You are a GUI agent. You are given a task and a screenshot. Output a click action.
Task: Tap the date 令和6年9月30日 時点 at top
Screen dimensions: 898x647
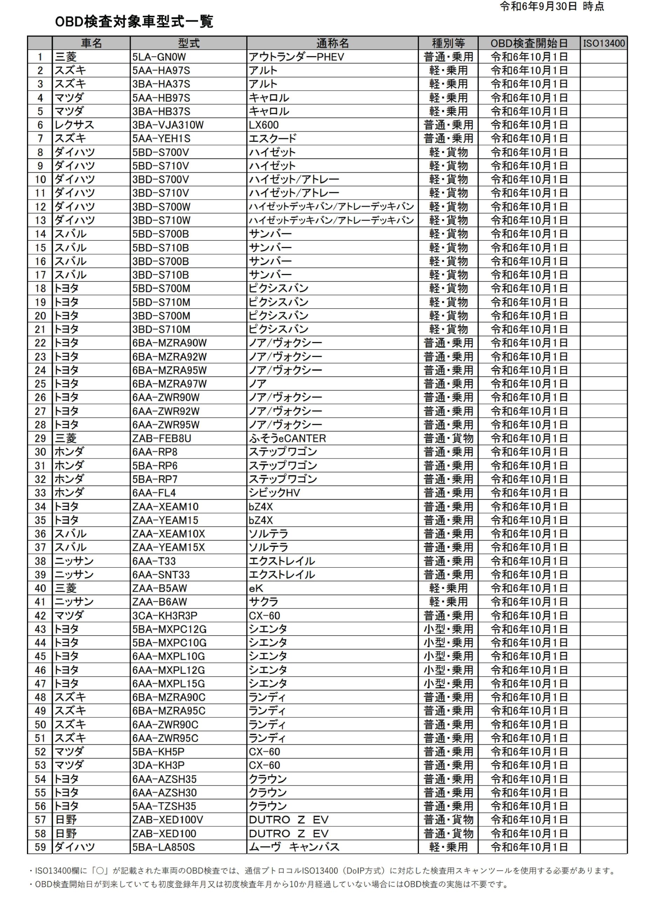(552, 7)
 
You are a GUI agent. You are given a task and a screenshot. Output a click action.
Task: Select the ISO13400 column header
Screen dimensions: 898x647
(604, 43)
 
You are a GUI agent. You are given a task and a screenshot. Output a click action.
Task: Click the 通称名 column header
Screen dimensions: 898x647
(332, 43)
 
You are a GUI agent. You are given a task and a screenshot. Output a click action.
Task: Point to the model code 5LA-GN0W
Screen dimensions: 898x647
(159, 57)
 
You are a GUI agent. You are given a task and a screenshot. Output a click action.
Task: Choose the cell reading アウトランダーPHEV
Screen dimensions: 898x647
(297, 57)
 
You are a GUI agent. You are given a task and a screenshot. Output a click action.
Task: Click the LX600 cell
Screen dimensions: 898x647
(264, 125)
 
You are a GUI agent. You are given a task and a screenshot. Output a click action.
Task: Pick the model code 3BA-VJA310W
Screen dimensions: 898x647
(168, 125)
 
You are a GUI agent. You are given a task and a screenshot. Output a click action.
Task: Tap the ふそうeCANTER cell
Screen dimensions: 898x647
(287, 438)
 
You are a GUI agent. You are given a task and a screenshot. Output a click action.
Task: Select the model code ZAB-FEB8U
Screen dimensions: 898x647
(162, 438)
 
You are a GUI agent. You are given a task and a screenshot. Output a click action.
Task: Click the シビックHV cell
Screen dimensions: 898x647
(274, 492)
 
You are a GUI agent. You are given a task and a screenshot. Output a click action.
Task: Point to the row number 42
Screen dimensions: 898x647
(40, 616)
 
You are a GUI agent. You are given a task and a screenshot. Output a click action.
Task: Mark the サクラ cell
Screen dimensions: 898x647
(264, 602)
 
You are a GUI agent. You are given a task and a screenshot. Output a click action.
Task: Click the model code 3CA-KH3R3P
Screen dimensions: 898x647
(165, 616)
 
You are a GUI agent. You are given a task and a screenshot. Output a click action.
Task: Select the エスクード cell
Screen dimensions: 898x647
(273, 139)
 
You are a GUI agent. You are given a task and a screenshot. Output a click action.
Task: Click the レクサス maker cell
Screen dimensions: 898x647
(74, 125)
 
